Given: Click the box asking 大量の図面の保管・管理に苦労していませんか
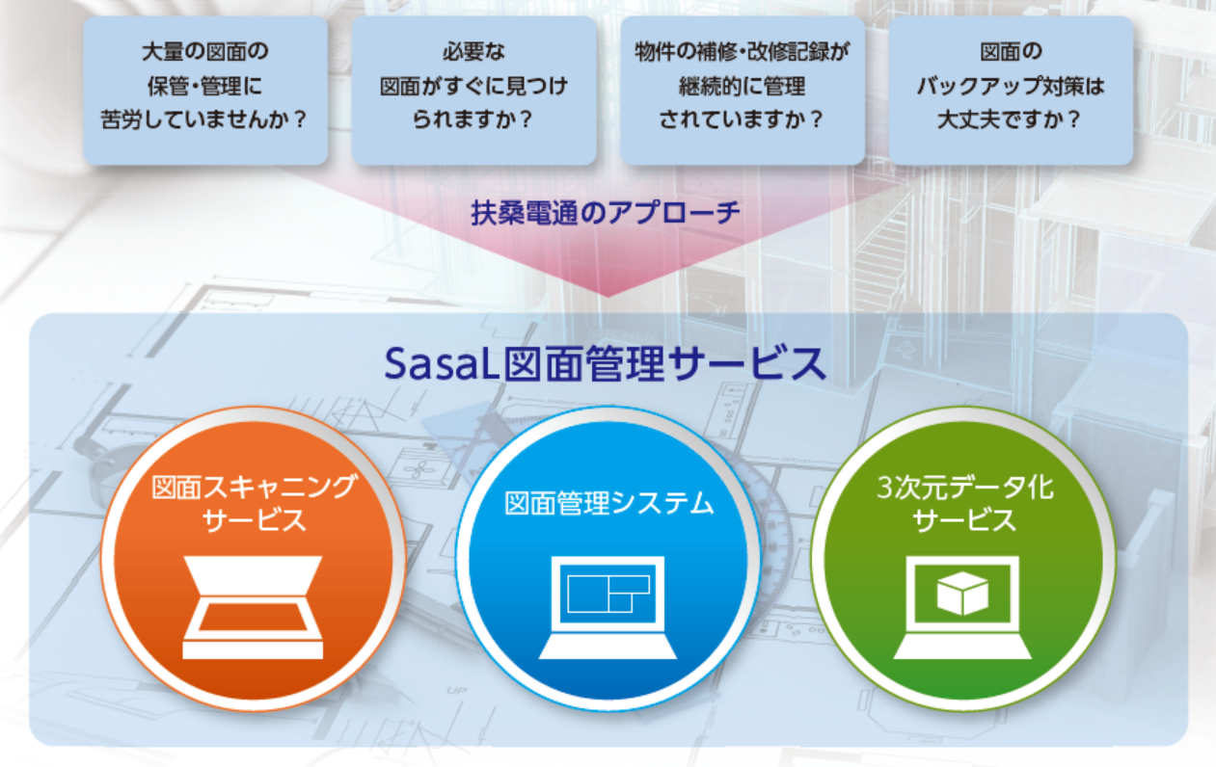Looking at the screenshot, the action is click(x=205, y=91).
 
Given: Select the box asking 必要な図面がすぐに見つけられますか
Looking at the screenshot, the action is click(x=473, y=91).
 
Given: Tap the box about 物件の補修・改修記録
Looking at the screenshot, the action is click(x=743, y=91).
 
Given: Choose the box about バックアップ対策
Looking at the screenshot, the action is click(x=1011, y=91).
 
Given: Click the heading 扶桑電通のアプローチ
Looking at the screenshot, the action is click(x=606, y=212).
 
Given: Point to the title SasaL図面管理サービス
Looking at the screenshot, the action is click(x=606, y=363).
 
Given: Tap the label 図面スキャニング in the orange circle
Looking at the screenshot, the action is click(x=254, y=487).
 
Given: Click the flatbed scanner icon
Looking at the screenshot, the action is click(x=253, y=607).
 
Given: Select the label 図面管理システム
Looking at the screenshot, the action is click(x=609, y=503).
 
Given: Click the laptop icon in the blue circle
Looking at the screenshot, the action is click(x=608, y=607).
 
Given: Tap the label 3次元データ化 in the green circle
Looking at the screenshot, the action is click(x=965, y=487).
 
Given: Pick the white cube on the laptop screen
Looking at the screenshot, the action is click(x=962, y=594).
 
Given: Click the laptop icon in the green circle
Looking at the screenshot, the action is click(x=962, y=607).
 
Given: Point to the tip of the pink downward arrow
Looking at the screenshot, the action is click(x=608, y=297).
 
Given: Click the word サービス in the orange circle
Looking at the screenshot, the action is click(x=254, y=519).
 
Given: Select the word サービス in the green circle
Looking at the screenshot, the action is click(x=965, y=519).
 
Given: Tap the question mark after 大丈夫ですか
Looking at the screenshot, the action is click(x=1073, y=119).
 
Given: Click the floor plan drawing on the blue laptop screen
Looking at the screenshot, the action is click(x=608, y=594).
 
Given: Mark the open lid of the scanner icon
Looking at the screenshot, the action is click(x=253, y=575).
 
